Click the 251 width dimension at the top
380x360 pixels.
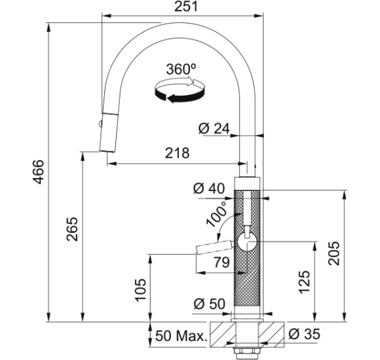pyautogui.click(x=186, y=7)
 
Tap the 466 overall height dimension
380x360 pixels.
pyautogui.click(x=38, y=172)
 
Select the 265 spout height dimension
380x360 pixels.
pyautogui.click(x=72, y=229)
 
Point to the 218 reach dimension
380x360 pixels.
pyautogui.click(x=177, y=153)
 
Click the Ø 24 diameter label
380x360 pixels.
pyautogui.click(x=214, y=128)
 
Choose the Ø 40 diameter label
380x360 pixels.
pyautogui.click(x=209, y=189)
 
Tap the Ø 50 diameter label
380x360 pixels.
pyautogui.click(x=210, y=304)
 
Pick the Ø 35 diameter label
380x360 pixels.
pyautogui.click(x=305, y=334)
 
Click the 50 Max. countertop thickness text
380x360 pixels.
pyautogui.click(x=181, y=336)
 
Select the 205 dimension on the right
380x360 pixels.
pyautogui.click(x=334, y=253)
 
